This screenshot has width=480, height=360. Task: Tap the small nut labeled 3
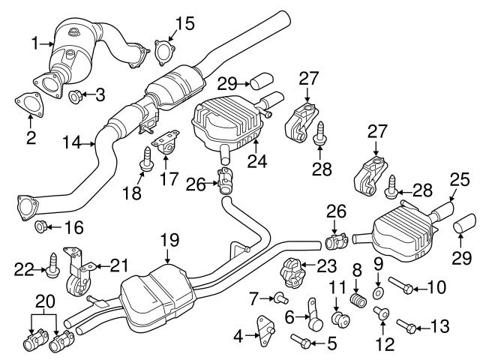(x=76, y=95)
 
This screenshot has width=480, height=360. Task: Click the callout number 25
(x=459, y=179)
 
